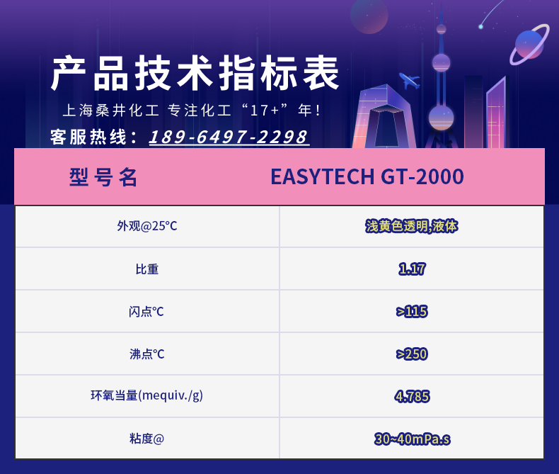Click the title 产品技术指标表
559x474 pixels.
click(x=195, y=73)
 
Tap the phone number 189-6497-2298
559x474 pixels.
click(x=229, y=137)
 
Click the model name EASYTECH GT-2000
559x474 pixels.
click(x=367, y=176)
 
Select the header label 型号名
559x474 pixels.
click(x=103, y=177)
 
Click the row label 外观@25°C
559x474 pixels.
click(x=147, y=226)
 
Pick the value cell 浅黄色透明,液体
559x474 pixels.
click(x=411, y=226)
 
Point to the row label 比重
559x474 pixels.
click(x=147, y=269)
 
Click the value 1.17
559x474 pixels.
click(x=412, y=269)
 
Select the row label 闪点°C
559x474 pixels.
click(x=146, y=312)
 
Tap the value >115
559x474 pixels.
click(x=412, y=312)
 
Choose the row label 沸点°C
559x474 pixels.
click(x=147, y=354)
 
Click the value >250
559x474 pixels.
click(x=412, y=354)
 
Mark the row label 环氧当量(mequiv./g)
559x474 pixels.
click(x=147, y=395)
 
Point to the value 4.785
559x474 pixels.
click(x=412, y=397)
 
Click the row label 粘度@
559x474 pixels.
click(x=147, y=439)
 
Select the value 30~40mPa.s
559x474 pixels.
click(x=412, y=439)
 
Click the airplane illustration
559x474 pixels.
click(x=409, y=81)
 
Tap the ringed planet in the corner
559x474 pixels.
click(x=529, y=44)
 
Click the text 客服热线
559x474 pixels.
click(x=88, y=137)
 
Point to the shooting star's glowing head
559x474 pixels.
click(x=481, y=26)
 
